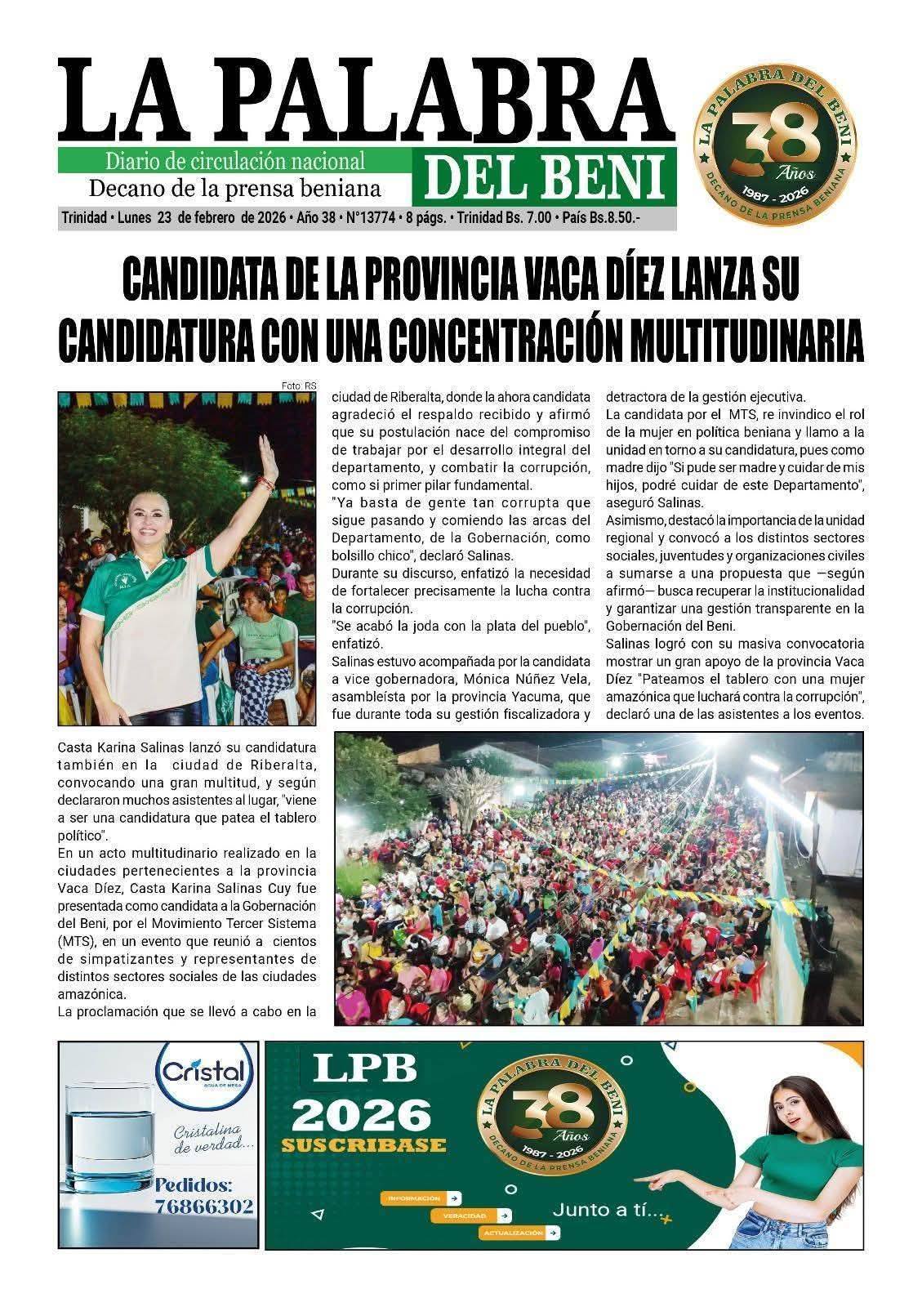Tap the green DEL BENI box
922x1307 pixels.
pos(543,176)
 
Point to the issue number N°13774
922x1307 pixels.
pos(372,219)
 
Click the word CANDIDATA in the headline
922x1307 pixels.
pos(211,280)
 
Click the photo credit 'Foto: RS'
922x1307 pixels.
pos(298,386)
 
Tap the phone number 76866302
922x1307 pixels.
pos(204,1207)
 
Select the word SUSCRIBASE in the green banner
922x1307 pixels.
pos(363,1144)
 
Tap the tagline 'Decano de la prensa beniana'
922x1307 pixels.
pos(234,189)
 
